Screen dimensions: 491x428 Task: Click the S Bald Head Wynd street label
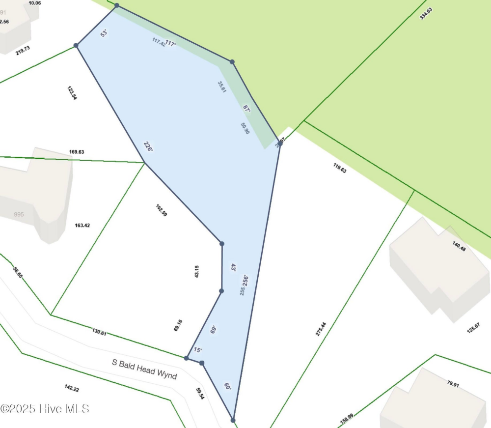click(144, 370)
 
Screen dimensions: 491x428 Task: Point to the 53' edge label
click(104, 33)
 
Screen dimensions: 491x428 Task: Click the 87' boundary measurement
click(246, 109)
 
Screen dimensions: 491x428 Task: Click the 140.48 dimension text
click(459, 246)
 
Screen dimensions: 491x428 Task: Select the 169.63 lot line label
click(77, 152)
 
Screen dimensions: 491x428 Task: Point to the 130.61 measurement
click(99, 333)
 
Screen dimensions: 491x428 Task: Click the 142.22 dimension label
click(71, 388)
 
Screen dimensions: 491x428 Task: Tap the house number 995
click(19, 214)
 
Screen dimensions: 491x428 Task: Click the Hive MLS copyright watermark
click(45, 409)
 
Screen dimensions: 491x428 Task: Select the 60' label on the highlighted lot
click(227, 387)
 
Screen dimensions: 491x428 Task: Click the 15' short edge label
click(197, 350)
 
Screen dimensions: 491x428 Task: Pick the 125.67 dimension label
click(473, 328)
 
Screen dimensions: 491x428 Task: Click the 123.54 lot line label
click(72, 93)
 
